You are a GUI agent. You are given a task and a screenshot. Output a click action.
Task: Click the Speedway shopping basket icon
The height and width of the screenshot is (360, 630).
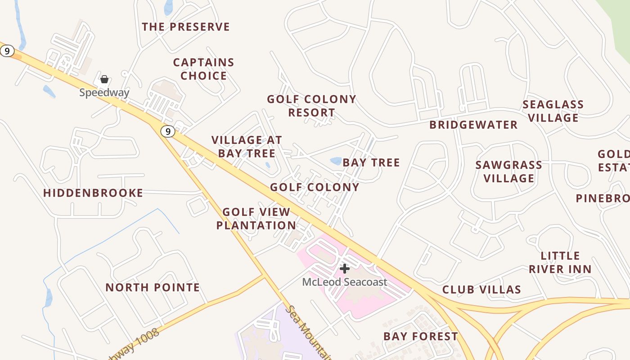(x=104, y=80)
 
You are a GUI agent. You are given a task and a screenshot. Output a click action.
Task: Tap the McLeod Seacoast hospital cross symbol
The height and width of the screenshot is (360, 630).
(x=345, y=269)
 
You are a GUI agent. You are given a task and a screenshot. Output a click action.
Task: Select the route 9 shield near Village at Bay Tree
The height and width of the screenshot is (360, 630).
(x=168, y=131)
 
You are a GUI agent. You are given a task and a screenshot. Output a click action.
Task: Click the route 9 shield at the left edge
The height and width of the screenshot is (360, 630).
(x=7, y=51)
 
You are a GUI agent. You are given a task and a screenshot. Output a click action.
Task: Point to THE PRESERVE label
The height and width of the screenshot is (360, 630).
(x=186, y=27)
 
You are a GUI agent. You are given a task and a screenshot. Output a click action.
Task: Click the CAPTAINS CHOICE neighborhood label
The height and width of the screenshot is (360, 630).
(x=204, y=69)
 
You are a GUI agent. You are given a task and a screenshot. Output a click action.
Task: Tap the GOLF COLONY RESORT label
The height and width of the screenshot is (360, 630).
(x=311, y=106)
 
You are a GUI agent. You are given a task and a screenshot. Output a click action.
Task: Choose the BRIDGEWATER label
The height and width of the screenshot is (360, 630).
(x=473, y=125)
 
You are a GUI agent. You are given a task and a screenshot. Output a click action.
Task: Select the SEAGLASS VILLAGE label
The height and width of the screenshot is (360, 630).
(x=553, y=111)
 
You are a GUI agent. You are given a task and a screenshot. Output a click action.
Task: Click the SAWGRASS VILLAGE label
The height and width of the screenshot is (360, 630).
(x=509, y=171)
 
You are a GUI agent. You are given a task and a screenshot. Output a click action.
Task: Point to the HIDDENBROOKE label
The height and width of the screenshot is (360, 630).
(x=93, y=193)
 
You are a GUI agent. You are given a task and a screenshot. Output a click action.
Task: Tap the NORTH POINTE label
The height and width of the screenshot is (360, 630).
(x=153, y=288)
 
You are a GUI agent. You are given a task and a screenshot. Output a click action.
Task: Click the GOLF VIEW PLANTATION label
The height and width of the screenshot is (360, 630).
(x=256, y=218)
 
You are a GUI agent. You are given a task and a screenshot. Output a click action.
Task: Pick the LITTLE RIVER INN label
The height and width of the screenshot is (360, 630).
(x=560, y=262)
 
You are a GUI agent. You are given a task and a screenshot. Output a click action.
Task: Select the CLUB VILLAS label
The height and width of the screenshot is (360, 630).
(x=481, y=289)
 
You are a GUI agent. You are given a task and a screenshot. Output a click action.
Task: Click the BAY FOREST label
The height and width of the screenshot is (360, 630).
(x=421, y=336)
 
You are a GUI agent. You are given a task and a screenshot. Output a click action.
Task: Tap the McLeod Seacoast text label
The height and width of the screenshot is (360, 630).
(x=345, y=282)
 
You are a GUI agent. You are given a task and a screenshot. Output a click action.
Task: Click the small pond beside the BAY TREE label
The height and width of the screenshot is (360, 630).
(x=336, y=161)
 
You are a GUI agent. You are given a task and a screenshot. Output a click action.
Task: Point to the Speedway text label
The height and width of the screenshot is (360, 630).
(x=104, y=93)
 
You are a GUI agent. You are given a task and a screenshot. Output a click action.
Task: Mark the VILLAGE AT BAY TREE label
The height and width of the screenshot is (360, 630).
(x=247, y=146)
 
